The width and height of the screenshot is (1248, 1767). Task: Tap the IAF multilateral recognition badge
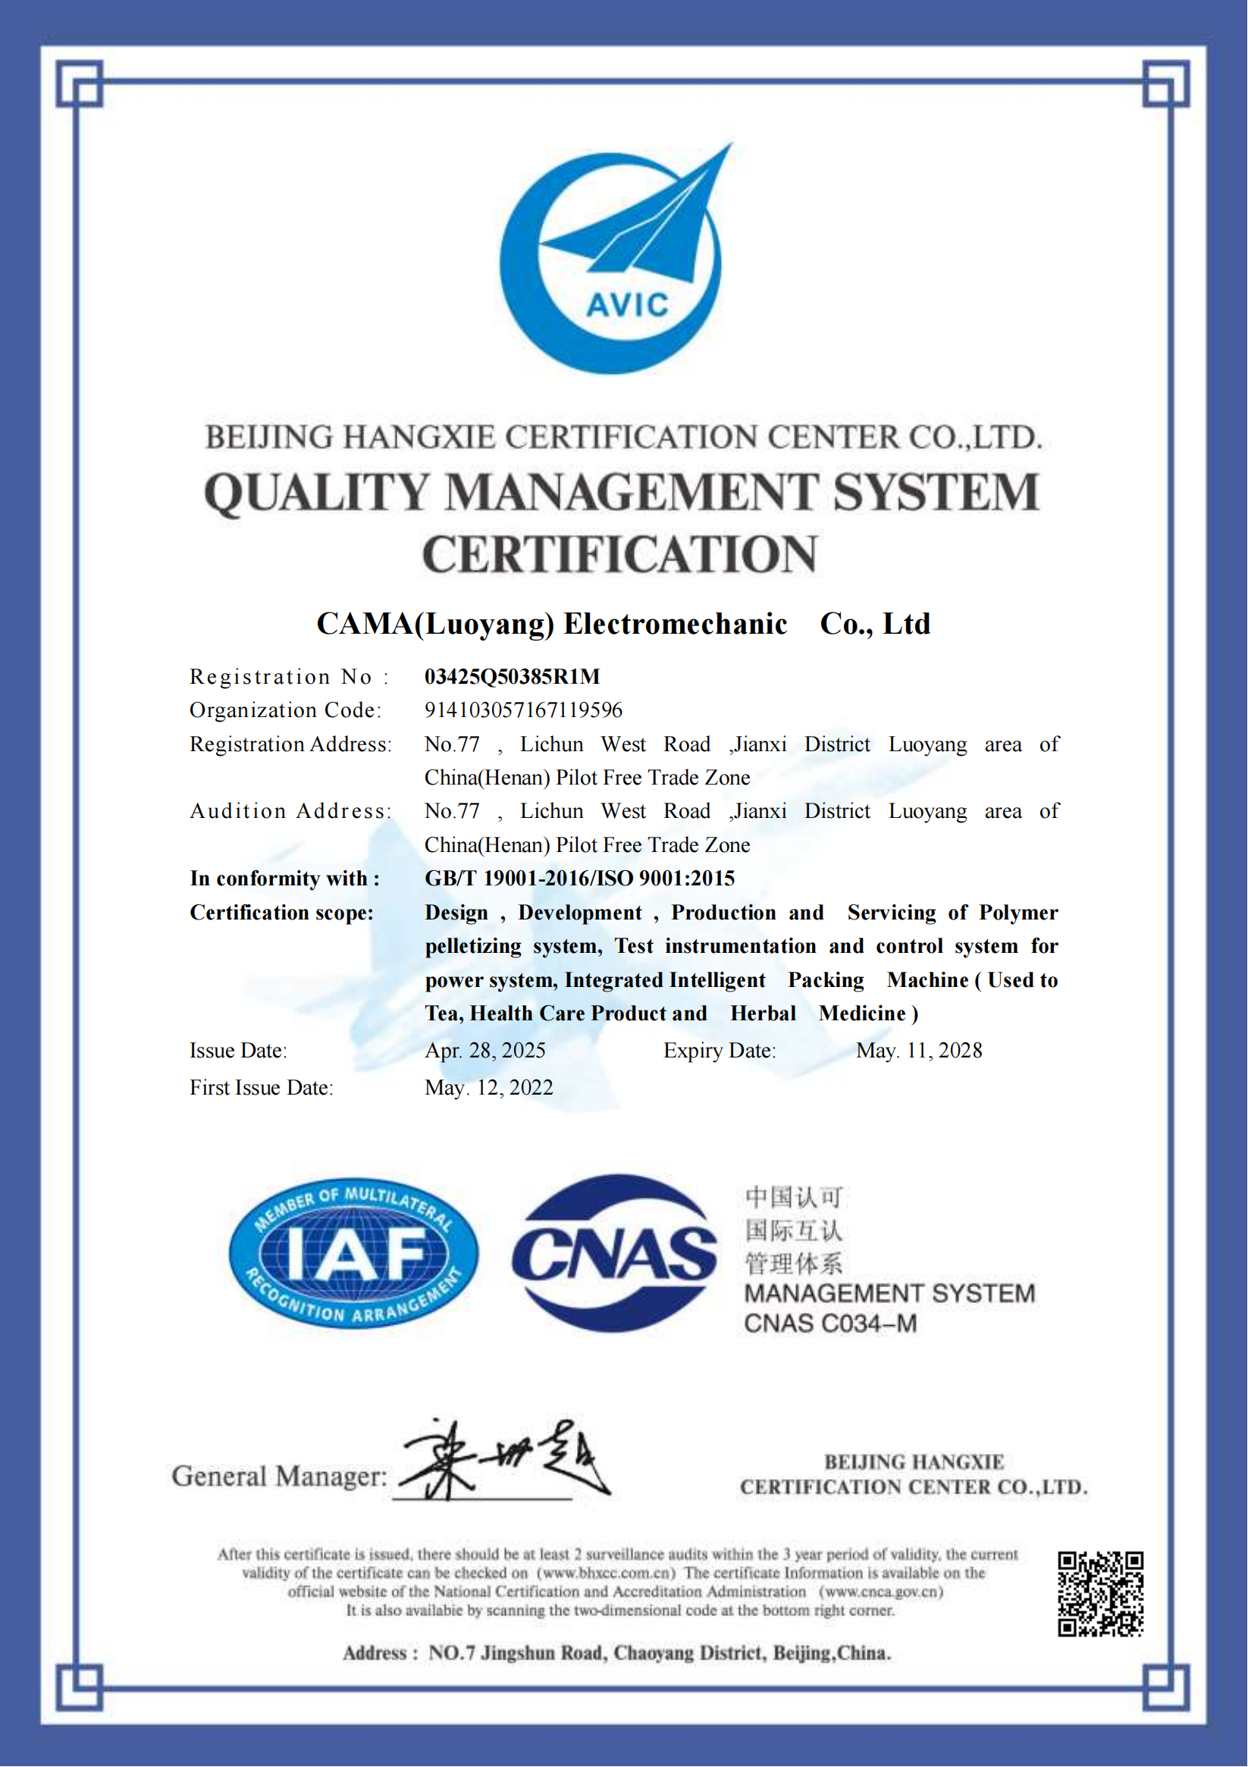pyautogui.click(x=353, y=1253)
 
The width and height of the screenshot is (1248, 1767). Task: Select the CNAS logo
pyautogui.click(x=613, y=1253)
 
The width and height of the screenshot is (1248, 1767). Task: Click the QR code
pyautogui.click(x=1100, y=1593)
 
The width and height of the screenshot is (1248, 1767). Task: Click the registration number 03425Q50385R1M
pyautogui.click(x=512, y=676)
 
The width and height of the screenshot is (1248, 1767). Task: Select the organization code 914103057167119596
pyautogui.click(x=522, y=710)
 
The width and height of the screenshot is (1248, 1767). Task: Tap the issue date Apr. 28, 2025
pyautogui.click(x=485, y=1051)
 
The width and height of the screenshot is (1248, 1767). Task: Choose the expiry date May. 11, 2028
pyautogui.click(x=918, y=1051)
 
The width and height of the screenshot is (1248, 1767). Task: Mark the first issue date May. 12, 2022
pyautogui.click(x=489, y=1088)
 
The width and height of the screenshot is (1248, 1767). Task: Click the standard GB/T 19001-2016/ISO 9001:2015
pyautogui.click(x=580, y=878)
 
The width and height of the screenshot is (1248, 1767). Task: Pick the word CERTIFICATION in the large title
pyautogui.click(x=619, y=555)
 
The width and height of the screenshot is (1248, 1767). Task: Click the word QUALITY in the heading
pyautogui.click(x=316, y=493)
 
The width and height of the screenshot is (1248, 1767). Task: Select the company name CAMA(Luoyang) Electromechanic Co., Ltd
pyautogui.click(x=623, y=623)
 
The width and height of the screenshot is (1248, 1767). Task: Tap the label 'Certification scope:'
pyautogui.click(x=282, y=913)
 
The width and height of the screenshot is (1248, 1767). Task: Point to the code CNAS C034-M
pyautogui.click(x=830, y=1324)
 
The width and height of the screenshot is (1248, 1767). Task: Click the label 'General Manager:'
pyautogui.click(x=279, y=1476)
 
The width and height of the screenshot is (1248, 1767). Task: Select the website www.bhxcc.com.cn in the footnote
pyautogui.click(x=606, y=1573)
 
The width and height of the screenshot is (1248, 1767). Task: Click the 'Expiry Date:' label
pyautogui.click(x=720, y=1051)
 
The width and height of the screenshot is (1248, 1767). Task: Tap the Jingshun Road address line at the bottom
pyautogui.click(x=616, y=1653)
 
